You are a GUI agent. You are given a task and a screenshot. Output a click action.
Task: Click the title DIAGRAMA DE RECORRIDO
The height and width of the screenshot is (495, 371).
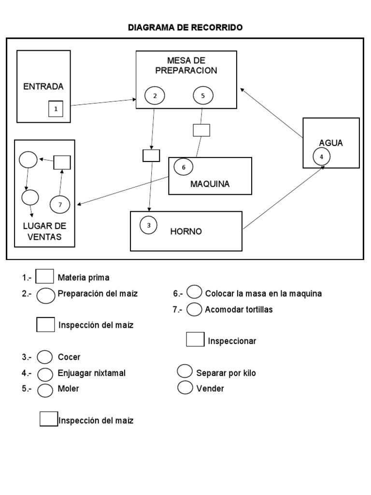point(185,28)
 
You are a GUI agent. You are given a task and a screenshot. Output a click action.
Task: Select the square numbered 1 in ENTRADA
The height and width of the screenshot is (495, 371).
point(56,109)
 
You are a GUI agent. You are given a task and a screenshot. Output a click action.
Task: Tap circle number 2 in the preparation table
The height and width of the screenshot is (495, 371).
point(155,96)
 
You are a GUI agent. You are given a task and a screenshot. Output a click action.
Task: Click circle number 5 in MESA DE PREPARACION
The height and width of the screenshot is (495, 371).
point(203,96)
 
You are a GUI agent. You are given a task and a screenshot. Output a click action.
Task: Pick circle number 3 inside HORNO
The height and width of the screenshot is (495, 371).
point(149,225)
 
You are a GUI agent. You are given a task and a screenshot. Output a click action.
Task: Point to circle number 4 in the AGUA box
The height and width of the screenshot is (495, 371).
point(321,156)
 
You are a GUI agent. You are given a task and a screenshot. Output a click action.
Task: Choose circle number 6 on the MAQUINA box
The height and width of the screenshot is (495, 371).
point(183,167)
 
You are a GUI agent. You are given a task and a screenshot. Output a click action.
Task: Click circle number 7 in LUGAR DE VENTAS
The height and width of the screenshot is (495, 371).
point(60,204)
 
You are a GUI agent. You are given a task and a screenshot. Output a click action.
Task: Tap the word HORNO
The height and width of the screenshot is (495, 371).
point(186,232)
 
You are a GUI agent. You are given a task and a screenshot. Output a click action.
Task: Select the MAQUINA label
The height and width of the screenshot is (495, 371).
point(210,184)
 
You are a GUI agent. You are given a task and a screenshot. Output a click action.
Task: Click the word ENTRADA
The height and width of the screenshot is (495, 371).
point(43,87)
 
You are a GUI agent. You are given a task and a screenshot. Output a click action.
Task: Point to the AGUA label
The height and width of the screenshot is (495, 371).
point(331,143)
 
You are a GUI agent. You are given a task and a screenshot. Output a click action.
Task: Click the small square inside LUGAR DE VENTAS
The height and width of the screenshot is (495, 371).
point(62,162)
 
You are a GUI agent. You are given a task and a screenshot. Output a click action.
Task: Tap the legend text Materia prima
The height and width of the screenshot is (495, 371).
point(83,277)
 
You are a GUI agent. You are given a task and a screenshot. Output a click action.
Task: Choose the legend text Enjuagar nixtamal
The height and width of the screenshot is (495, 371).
point(92,373)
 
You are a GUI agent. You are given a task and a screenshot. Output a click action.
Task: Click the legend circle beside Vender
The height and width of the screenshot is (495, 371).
point(185,387)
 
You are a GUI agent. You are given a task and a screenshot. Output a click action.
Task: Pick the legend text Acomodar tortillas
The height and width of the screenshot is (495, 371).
point(239,309)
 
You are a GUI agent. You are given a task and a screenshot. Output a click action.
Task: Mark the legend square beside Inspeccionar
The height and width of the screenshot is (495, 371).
point(195,339)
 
